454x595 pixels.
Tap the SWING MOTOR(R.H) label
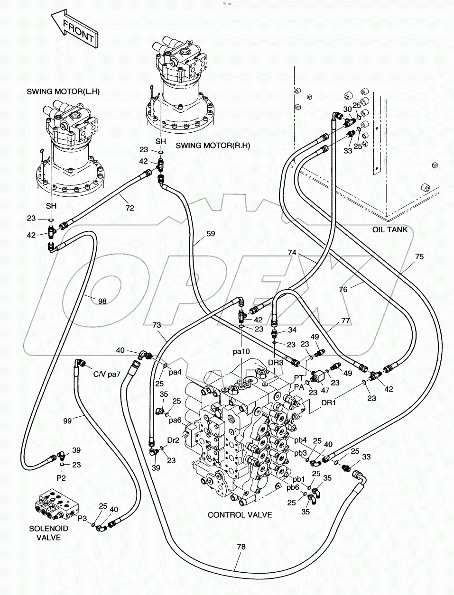pos(206,146)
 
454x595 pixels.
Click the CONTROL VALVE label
pos(240,514)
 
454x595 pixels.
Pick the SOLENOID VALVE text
pos(49,532)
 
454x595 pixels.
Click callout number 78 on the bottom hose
pos(241,547)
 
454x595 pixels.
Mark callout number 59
pos(211,233)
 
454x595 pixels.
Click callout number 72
pos(129,208)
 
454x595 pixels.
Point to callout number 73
pos(157,325)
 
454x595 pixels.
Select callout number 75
pos(419,256)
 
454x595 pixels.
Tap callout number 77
pos(345,321)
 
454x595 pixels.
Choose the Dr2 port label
pos(174,440)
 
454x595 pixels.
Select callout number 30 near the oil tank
pos(347,109)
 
